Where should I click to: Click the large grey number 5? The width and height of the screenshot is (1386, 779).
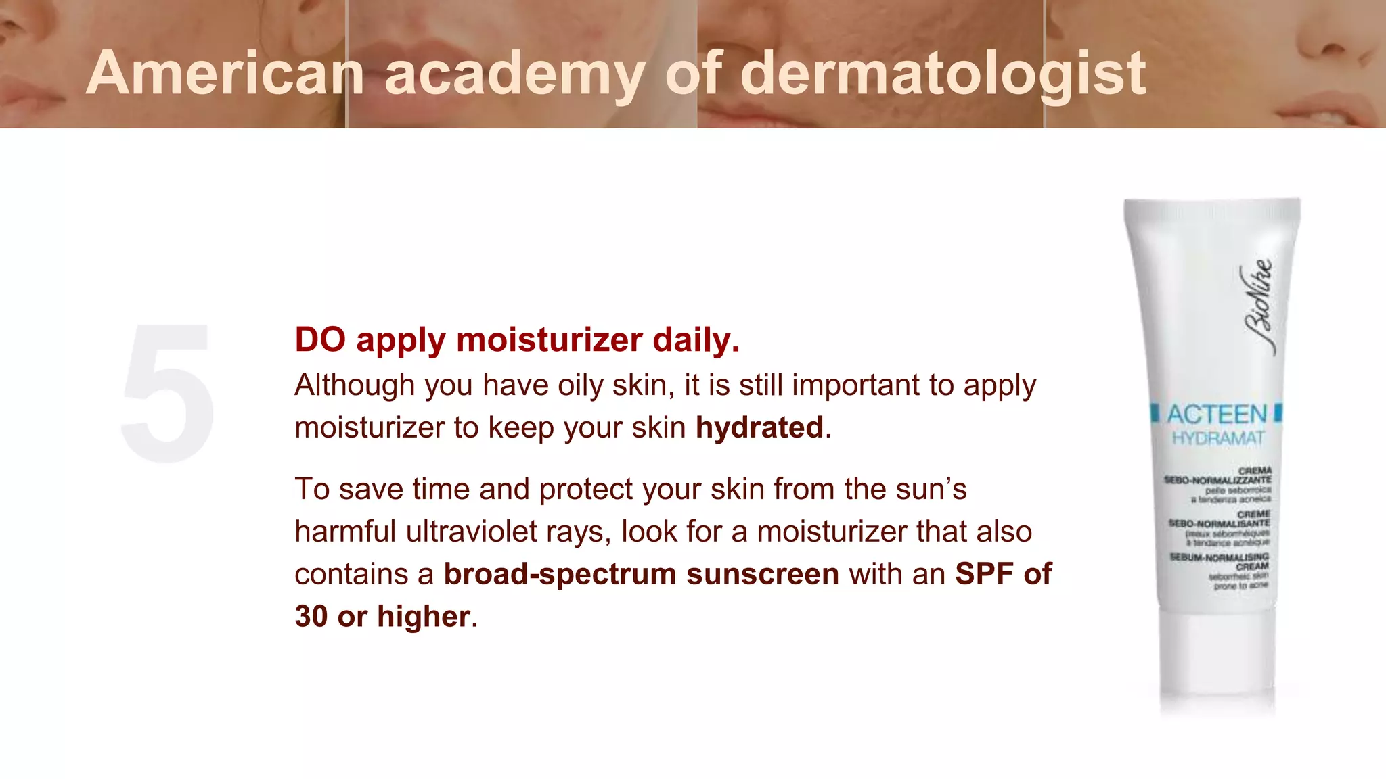click(x=168, y=392)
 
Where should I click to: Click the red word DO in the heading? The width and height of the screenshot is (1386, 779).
click(x=320, y=339)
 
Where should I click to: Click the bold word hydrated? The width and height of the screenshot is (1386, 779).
click(x=759, y=427)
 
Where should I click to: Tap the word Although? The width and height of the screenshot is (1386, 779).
click(x=355, y=385)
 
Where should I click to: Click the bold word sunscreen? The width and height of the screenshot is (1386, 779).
click(x=763, y=574)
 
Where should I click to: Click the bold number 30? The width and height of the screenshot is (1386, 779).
click(x=311, y=616)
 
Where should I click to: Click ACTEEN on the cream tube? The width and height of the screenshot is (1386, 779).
click(x=1217, y=414)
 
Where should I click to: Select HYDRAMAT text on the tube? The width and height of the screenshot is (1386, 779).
click(x=1217, y=438)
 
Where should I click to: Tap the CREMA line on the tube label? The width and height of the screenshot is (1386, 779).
click(x=1255, y=470)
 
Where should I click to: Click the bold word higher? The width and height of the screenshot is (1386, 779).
click(x=424, y=616)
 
